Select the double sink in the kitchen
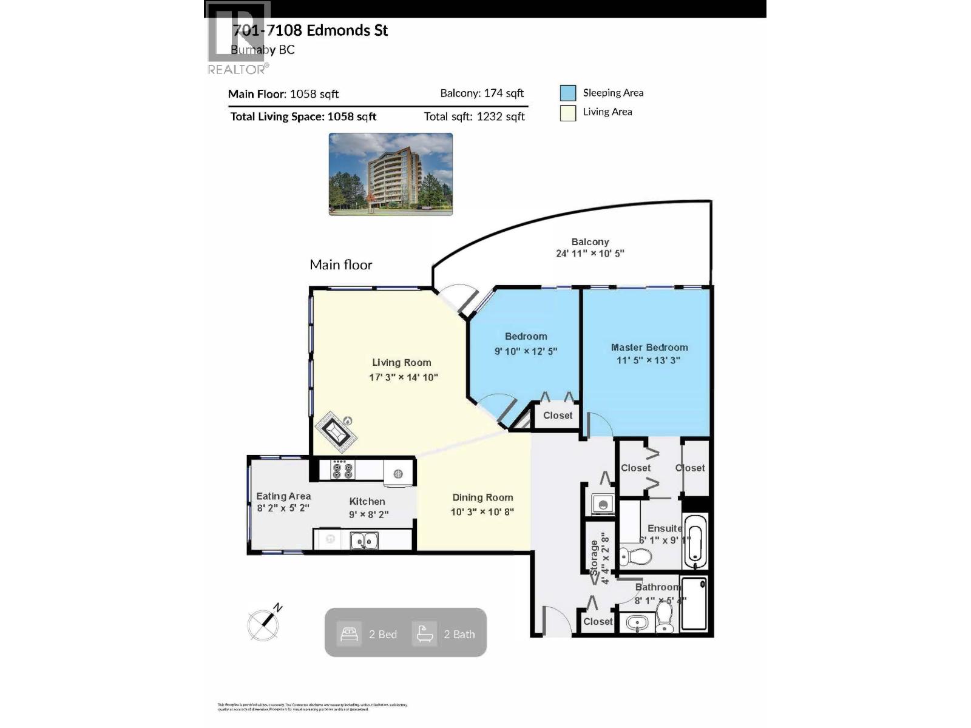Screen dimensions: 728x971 (364, 540)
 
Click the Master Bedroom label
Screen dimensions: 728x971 (649, 348)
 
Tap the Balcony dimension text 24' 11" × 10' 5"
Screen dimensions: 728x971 (589, 254)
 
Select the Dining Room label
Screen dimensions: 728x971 (482, 497)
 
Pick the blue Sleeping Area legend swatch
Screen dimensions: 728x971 (568, 93)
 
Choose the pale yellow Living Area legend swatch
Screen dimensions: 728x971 (568, 113)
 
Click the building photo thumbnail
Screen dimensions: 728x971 (390, 174)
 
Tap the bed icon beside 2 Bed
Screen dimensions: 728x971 (349, 634)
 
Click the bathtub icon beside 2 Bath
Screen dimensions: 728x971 (424, 634)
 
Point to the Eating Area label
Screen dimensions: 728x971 (283, 496)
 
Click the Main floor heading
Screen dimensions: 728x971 (340, 265)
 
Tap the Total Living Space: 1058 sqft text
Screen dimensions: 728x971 (303, 116)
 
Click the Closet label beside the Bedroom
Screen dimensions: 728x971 (557, 416)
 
